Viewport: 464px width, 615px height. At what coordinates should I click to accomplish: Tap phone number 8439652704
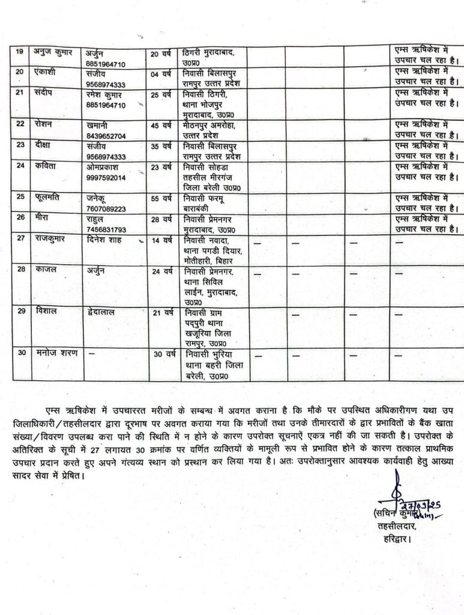click(x=107, y=136)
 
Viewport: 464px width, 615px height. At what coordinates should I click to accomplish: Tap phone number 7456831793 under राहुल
click(x=107, y=229)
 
